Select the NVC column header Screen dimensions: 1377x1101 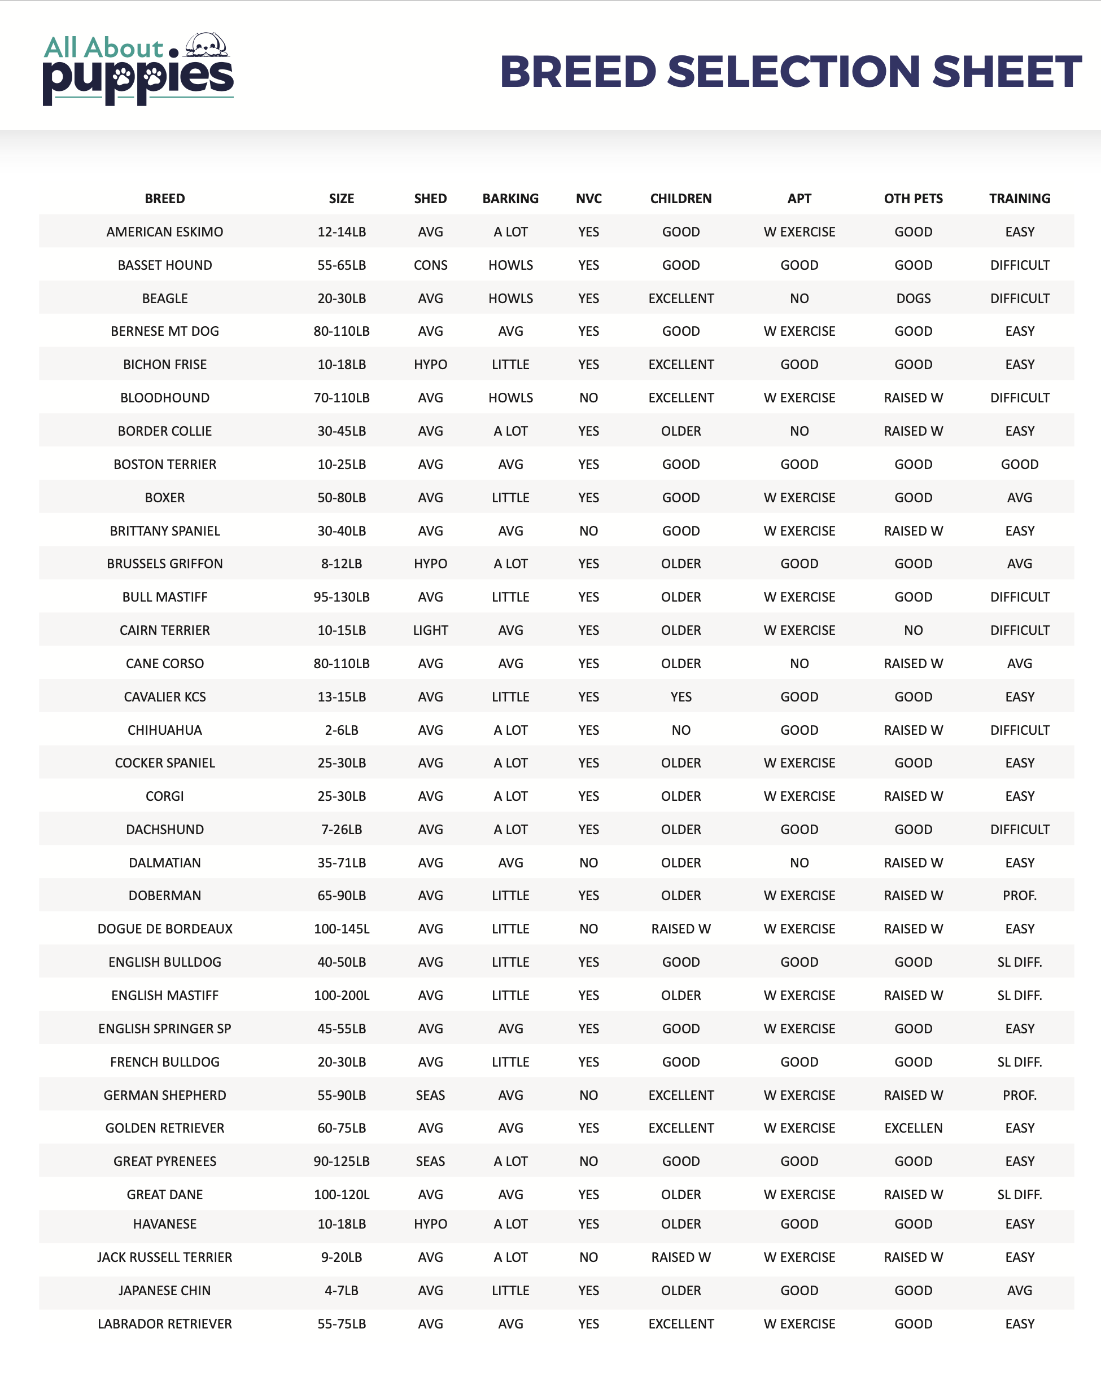(x=588, y=199)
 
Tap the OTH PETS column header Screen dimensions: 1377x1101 (x=912, y=199)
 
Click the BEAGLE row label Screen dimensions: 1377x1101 (x=165, y=299)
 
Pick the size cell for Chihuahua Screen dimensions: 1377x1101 (x=341, y=730)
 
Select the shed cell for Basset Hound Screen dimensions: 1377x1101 (x=430, y=265)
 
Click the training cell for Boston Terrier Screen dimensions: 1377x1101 (x=1019, y=464)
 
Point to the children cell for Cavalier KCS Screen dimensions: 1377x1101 (x=680, y=697)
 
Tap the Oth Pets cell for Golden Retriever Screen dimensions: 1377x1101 (x=912, y=1128)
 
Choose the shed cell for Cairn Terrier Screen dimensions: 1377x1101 (x=430, y=630)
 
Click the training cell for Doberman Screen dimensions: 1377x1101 (x=1019, y=896)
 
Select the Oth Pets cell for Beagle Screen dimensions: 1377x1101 (x=912, y=299)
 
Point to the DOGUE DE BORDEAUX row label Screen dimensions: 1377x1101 (x=165, y=929)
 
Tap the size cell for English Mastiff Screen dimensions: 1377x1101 (x=341, y=995)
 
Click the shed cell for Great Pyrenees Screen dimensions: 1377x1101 (x=430, y=1161)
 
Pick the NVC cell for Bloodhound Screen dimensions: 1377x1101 (x=588, y=398)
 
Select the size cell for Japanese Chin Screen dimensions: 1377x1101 (x=341, y=1290)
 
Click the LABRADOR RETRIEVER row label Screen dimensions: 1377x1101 (x=165, y=1323)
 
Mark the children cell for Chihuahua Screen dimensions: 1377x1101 (x=680, y=730)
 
